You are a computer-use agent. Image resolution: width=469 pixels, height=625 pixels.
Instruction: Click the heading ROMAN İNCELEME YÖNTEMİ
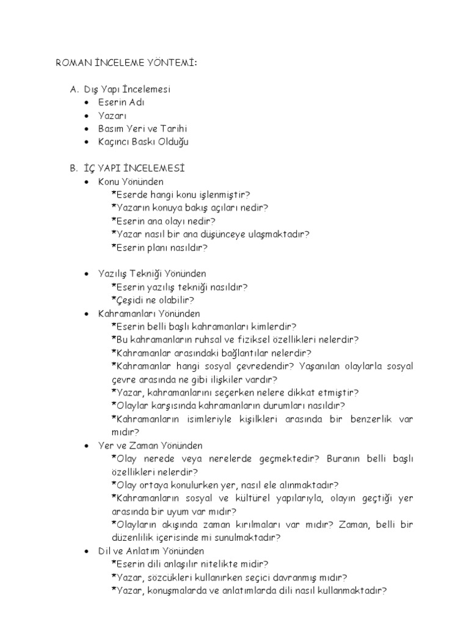(118, 63)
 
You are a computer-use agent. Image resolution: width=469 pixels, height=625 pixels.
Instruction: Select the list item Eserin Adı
(121, 102)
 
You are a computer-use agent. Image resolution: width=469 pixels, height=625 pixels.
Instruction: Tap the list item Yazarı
(112, 115)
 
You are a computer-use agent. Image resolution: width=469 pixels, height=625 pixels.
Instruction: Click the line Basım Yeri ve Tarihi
(142, 128)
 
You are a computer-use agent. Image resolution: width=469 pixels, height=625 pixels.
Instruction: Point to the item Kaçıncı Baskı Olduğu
(143, 142)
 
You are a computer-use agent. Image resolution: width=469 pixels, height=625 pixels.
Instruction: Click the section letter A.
(73, 89)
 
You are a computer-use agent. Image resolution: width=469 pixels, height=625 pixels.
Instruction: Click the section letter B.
(73, 168)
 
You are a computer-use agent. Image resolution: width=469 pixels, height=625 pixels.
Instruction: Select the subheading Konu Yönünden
(131, 181)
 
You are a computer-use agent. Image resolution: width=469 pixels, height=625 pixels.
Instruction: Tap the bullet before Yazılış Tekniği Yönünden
(87, 274)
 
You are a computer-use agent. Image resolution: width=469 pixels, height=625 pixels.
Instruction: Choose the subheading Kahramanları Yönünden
(148, 313)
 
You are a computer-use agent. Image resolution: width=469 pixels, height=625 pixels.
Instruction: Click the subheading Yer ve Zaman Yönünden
(150, 446)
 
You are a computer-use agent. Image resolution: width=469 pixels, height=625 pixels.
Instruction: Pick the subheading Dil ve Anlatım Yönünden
(151, 551)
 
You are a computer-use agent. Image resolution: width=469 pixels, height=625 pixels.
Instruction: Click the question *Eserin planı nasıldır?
(159, 247)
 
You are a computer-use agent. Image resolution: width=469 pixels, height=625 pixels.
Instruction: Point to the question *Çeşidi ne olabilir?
(153, 300)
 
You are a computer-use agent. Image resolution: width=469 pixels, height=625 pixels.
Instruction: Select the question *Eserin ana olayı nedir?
(163, 221)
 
